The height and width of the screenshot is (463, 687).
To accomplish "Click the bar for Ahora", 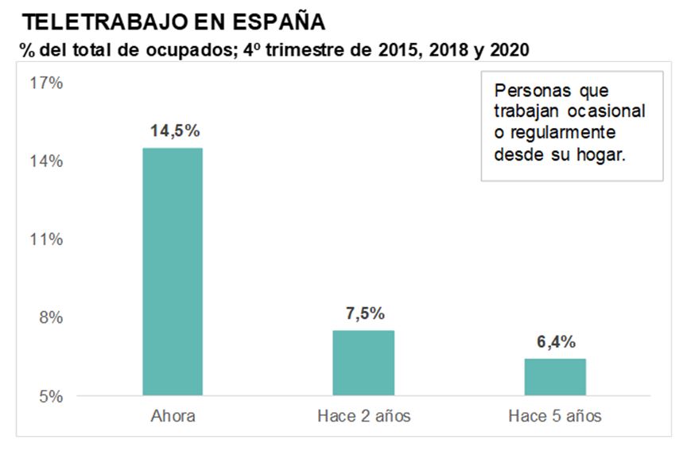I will pos(172,271).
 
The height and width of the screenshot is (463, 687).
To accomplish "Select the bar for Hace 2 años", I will pos(363,363).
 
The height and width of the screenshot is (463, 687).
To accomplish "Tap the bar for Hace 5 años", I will pos(555,377).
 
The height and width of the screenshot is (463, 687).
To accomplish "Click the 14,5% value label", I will pos(173,131).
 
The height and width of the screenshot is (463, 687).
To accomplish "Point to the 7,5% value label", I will pos(364,313).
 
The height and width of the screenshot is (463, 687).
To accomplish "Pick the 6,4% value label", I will pos(556,342).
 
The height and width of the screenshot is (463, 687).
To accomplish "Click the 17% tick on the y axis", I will pos(47,84).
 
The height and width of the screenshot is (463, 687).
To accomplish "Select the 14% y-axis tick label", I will pos(47,161).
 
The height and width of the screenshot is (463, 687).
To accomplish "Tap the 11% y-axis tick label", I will pos(47,239).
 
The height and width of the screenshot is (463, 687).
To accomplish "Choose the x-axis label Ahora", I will pos(173,416).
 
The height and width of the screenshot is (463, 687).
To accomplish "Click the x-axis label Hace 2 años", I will pos(364,416).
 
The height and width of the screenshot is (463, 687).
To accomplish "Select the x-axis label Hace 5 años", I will pos(556,416).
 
